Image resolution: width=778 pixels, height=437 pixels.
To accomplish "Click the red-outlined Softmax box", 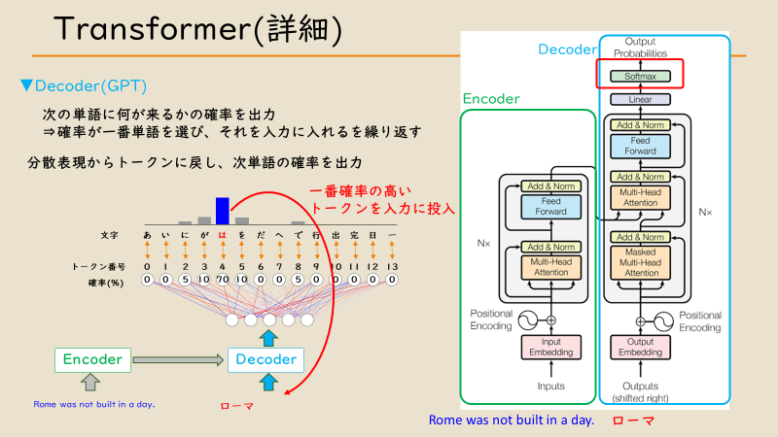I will click(x=641, y=75).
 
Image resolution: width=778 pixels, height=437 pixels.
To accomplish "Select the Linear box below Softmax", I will click(x=641, y=99).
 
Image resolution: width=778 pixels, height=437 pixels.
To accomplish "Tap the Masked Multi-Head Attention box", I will click(x=641, y=262).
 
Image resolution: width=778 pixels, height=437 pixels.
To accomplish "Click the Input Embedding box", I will click(x=550, y=345).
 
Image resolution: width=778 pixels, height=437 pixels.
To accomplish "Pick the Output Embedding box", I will click(x=641, y=345).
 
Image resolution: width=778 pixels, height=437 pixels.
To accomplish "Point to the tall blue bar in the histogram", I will click(x=223, y=211).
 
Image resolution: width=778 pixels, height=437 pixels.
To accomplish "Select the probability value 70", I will click(x=223, y=281).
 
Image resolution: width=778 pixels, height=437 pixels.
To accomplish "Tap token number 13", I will click(x=392, y=266).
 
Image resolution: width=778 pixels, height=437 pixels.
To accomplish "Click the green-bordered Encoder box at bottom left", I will click(x=89, y=359).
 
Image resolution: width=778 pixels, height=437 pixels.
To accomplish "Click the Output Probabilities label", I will click(x=641, y=47).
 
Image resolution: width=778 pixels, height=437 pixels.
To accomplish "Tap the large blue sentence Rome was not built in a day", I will click(x=511, y=420).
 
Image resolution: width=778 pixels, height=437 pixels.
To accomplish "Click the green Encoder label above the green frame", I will click(x=491, y=98).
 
